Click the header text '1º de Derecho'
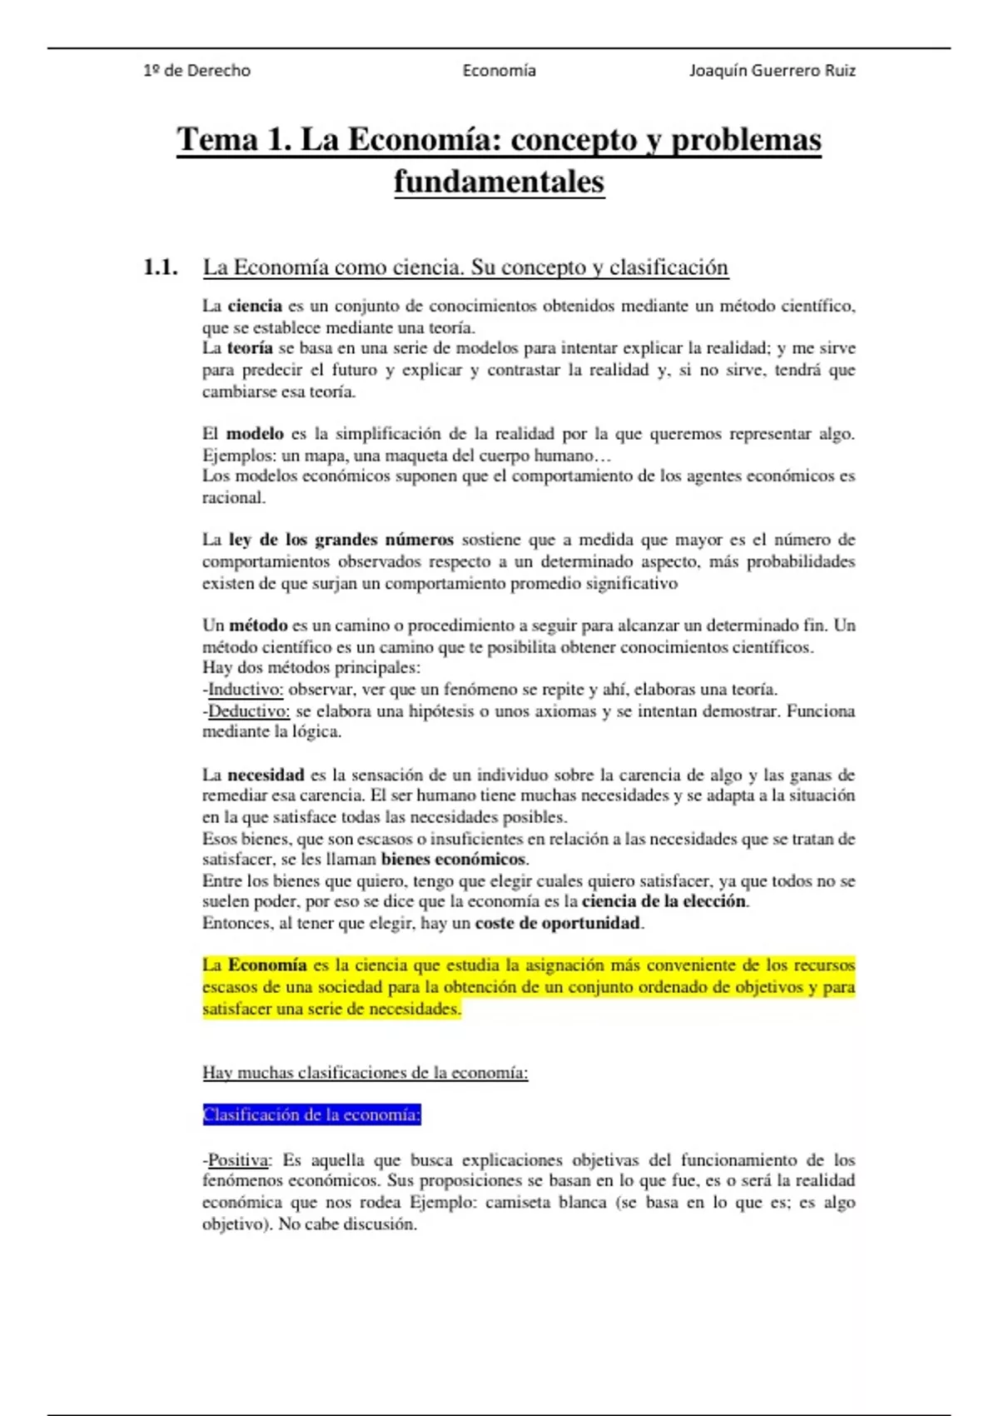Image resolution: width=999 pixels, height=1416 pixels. (x=196, y=71)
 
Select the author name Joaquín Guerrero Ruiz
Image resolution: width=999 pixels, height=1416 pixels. (x=772, y=71)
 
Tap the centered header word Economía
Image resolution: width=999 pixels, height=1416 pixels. (x=499, y=71)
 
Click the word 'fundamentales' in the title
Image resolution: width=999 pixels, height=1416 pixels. (x=499, y=182)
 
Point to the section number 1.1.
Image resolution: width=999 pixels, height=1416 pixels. (x=160, y=267)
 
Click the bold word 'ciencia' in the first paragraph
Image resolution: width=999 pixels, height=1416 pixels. (x=255, y=306)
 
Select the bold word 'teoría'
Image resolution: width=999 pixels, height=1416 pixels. (x=250, y=348)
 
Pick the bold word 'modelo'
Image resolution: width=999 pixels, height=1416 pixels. (x=255, y=434)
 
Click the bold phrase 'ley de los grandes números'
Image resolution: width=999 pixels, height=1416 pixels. (x=341, y=540)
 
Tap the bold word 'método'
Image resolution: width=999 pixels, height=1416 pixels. (x=258, y=626)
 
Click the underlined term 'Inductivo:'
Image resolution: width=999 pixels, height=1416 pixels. (x=246, y=690)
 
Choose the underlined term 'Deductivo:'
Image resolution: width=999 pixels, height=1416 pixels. (x=249, y=711)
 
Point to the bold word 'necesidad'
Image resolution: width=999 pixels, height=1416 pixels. (x=266, y=775)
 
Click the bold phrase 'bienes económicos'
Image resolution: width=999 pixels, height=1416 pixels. (x=454, y=860)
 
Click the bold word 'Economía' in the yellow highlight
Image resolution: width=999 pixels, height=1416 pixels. (x=267, y=965)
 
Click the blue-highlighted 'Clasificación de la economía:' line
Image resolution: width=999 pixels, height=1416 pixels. (x=312, y=1114)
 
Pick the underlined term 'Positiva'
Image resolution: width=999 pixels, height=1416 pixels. (x=239, y=1160)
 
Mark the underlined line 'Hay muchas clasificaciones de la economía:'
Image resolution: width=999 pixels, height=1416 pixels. (x=365, y=1073)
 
